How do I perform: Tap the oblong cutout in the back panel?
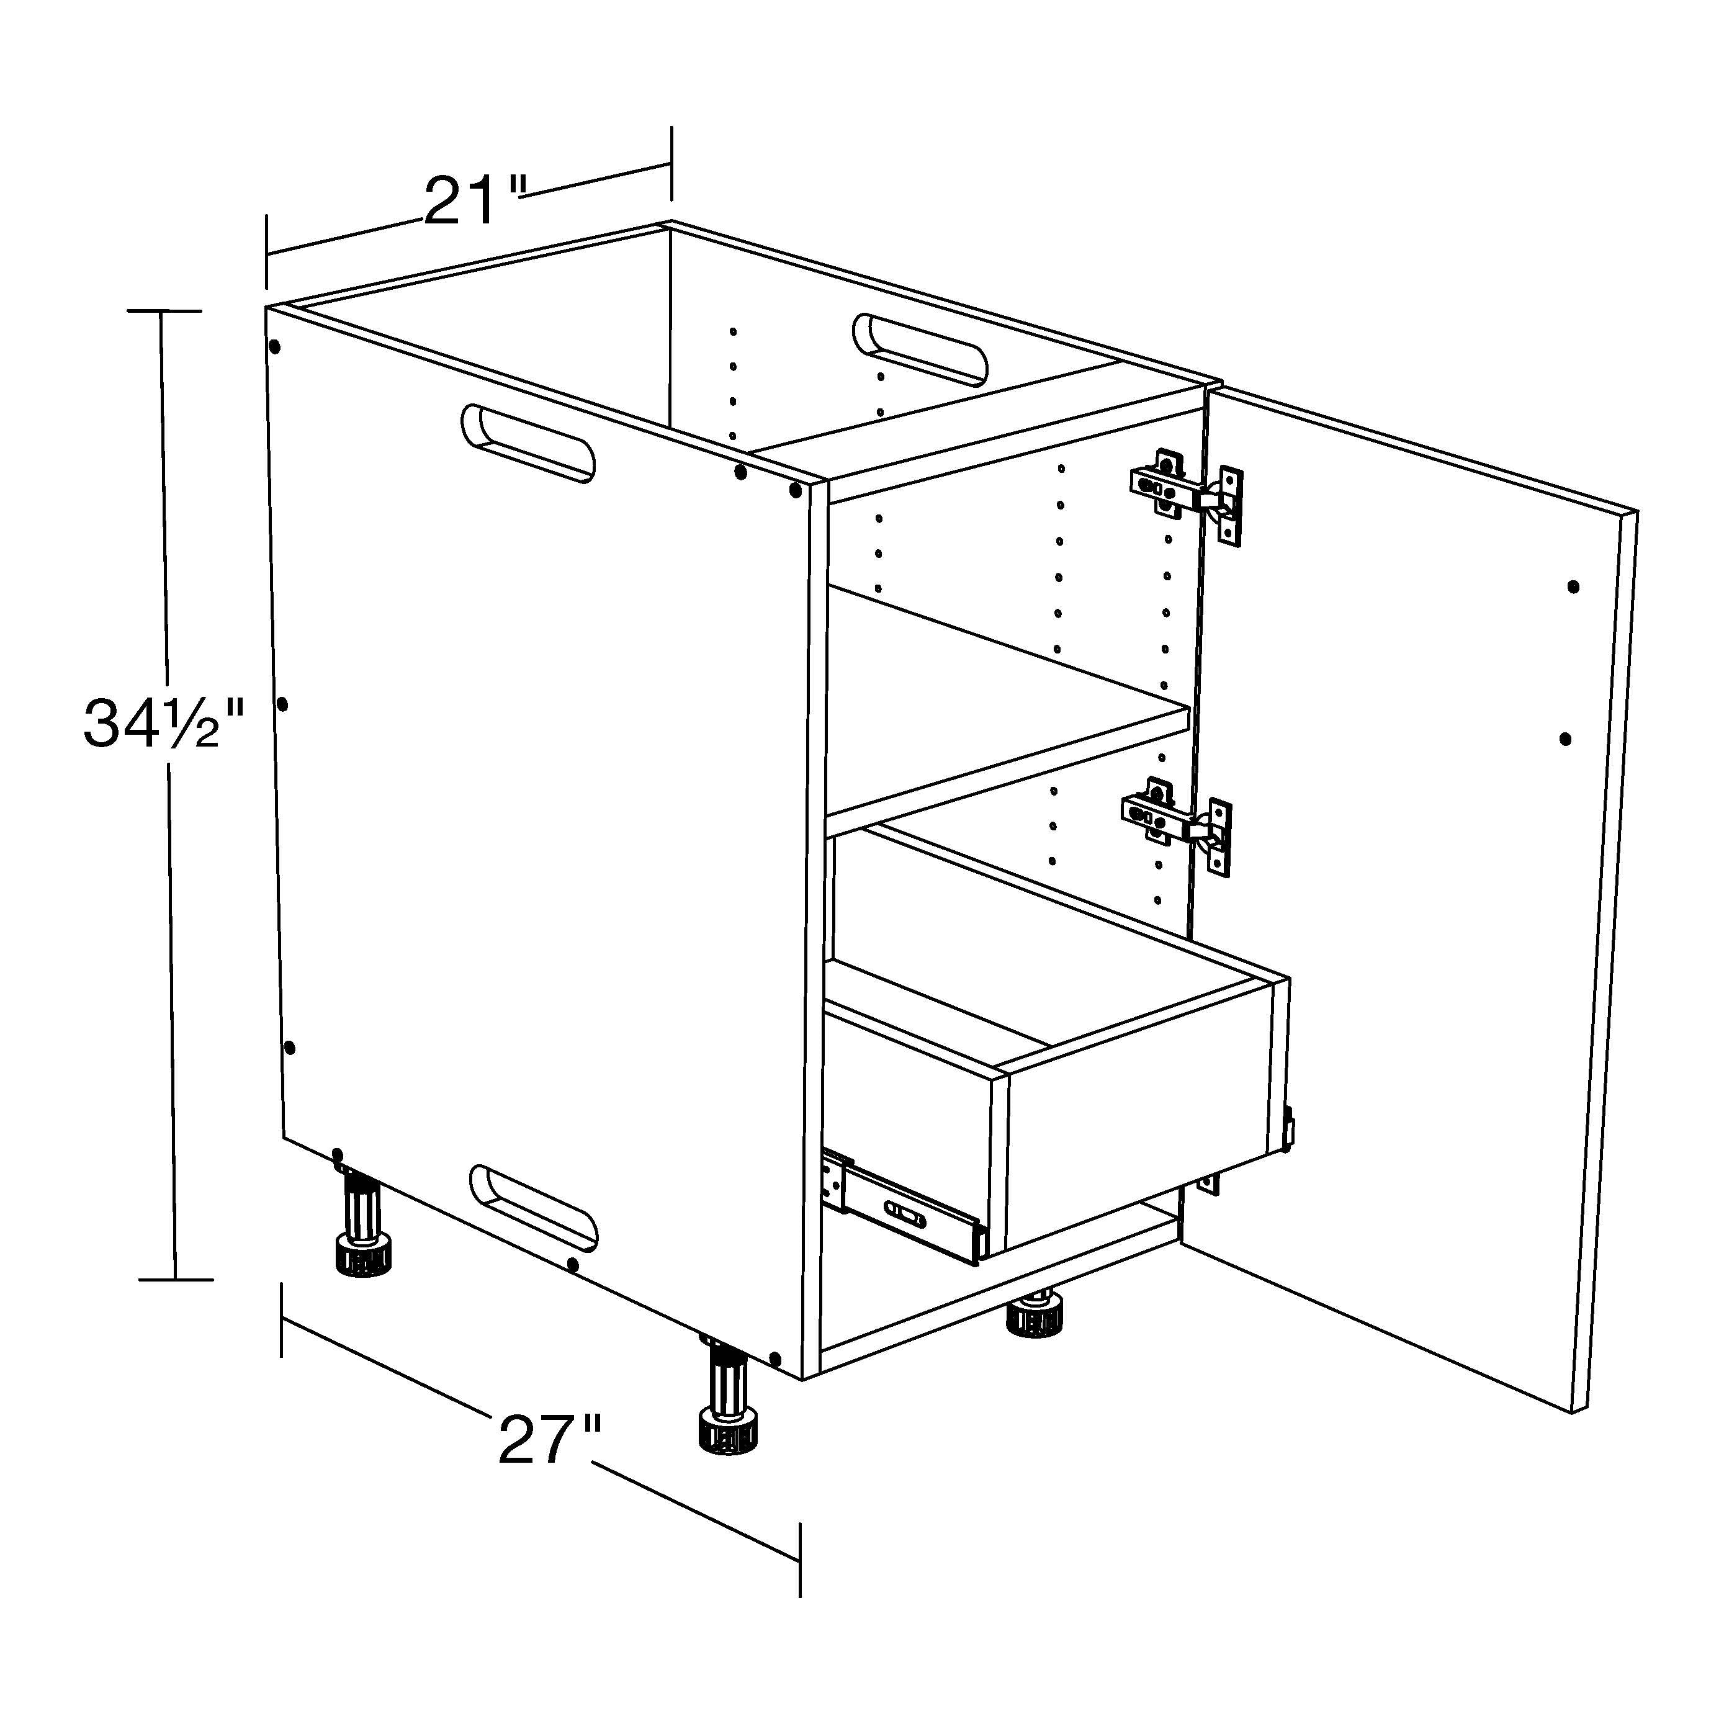click(920, 349)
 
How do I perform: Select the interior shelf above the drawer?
click(1008, 701)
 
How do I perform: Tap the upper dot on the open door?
click(1573, 587)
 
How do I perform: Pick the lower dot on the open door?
click(1565, 739)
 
